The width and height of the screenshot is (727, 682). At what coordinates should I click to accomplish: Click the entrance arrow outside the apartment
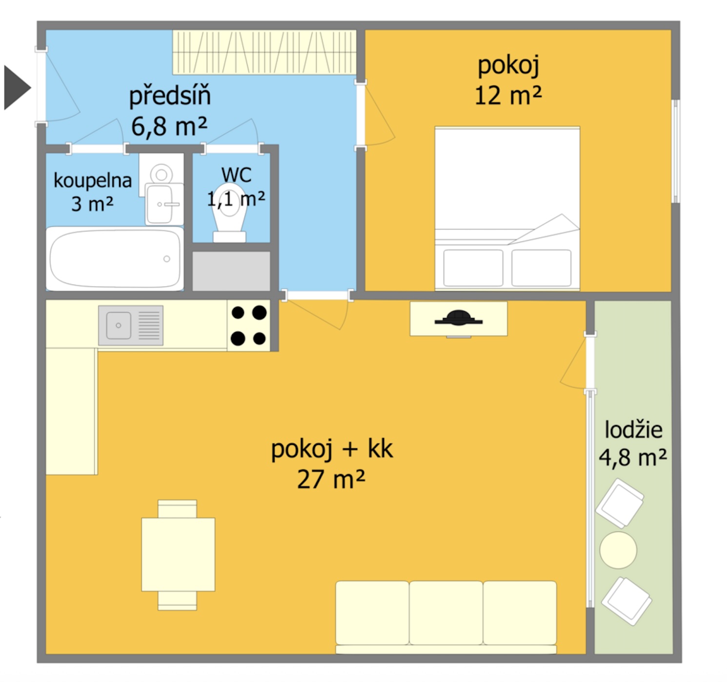(x=17, y=87)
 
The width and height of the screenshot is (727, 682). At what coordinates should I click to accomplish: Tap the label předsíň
(x=170, y=96)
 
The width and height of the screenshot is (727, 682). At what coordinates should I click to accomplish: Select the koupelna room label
(x=93, y=181)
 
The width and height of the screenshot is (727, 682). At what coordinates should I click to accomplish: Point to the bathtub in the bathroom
(x=115, y=259)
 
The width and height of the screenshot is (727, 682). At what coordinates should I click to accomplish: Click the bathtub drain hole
(x=166, y=259)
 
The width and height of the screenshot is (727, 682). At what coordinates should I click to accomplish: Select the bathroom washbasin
(x=164, y=204)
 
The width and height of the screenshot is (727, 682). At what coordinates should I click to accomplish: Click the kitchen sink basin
(x=118, y=325)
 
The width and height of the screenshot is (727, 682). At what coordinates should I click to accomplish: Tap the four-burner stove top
(x=248, y=325)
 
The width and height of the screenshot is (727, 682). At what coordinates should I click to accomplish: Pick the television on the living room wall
(x=458, y=319)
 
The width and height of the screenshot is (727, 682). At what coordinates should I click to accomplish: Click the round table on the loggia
(x=618, y=550)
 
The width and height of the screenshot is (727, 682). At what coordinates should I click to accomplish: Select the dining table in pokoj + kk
(x=178, y=554)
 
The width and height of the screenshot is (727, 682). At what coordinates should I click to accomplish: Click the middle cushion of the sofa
(x=446, y=613)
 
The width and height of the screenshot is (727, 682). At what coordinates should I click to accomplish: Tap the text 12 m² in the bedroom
(x=508, y=96)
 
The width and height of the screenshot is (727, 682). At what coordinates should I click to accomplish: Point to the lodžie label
(x=633, y=430)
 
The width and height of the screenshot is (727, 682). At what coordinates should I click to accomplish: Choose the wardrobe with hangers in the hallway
(x=264, y=52)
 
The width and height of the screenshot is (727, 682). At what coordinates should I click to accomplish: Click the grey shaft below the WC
(x=231, y=271)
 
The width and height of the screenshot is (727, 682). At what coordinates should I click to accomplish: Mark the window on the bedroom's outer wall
(x=676, y=151)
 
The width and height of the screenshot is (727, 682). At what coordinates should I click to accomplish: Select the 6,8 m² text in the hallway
(x=169, y=127)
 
